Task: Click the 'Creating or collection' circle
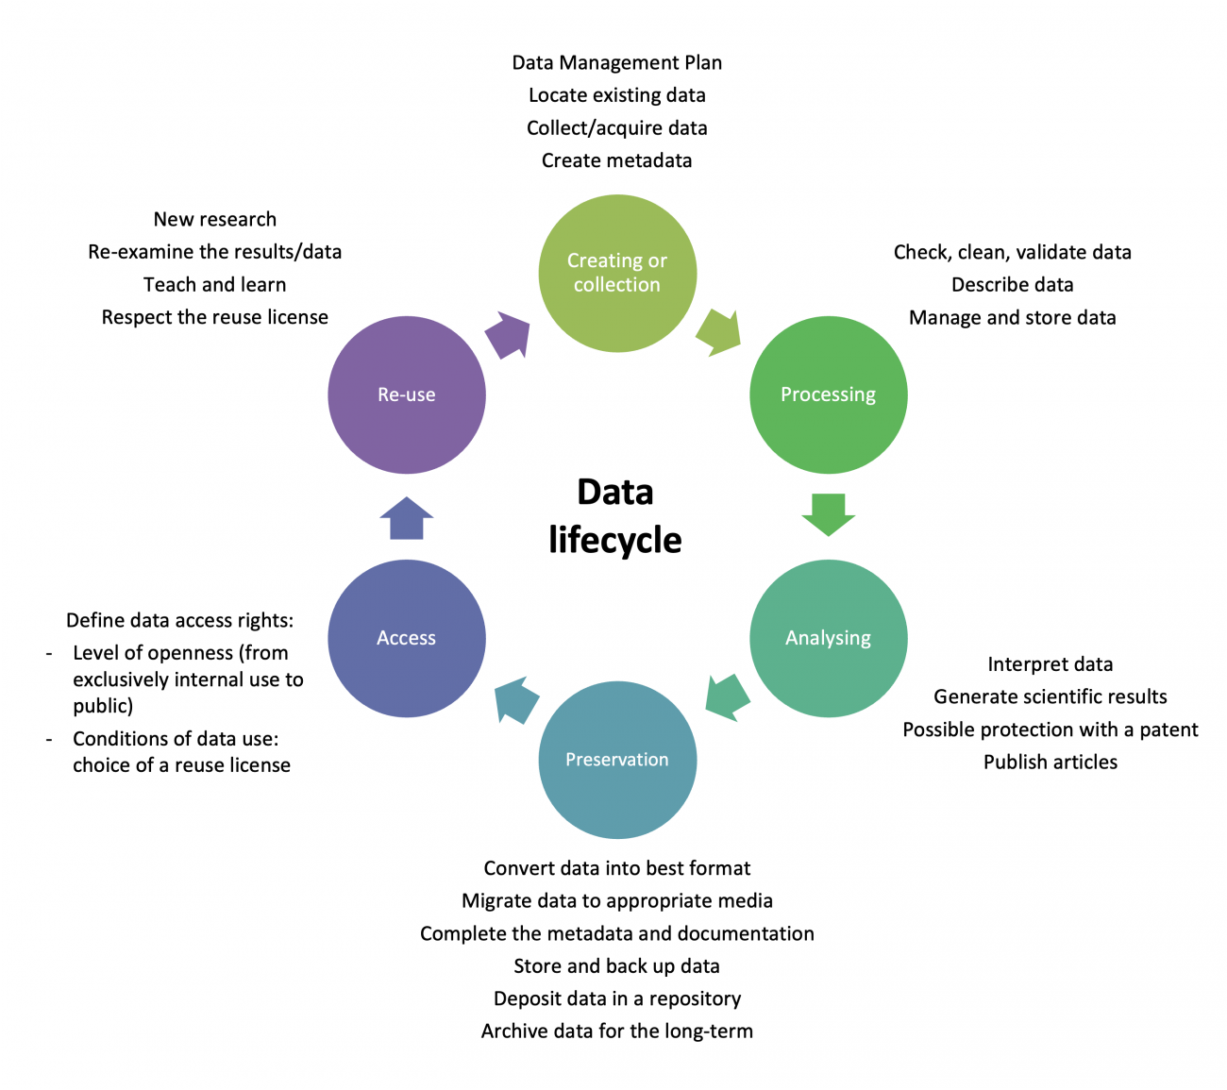617,273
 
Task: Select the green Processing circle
828,394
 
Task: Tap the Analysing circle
828,638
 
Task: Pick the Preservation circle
617,760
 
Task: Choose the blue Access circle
407,638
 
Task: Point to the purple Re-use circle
407,394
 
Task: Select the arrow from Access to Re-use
407,518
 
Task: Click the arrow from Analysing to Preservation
728,696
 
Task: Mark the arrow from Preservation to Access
516,699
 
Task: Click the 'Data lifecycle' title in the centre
615,516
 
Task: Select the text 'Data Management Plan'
617,63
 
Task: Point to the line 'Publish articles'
1050,763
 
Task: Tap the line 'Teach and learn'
214,285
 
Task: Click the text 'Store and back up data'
617,966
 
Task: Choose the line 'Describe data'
1012,285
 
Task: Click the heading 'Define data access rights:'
179,621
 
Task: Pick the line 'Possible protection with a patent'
1050,729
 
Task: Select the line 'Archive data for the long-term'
617,1031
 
